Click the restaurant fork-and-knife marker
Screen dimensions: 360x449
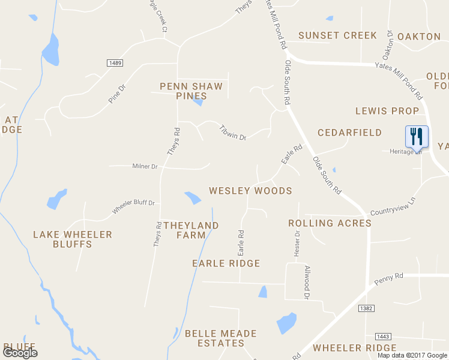pos(417,136)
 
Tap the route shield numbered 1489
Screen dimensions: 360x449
pos(116,63)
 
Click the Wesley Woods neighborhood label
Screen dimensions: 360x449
pos(250,191)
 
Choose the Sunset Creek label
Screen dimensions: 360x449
pos(337,36)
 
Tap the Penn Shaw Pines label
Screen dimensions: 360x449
pos(191,91)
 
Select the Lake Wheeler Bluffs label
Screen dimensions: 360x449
pos(73,239)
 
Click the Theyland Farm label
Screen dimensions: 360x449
pos(191,230)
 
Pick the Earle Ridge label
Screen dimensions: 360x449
pos(226,263)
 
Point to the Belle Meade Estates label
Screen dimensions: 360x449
pos(221,338)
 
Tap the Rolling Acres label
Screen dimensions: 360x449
pos(330,223)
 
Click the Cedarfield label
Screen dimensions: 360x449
pos(349,133)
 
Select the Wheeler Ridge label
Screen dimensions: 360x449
pos(355,348)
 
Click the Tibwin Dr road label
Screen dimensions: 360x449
pos(233,133)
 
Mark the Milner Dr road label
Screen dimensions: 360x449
pos(145,166)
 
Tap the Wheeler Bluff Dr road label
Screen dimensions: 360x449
pos(133,207)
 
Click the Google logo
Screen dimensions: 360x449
pos(20,352)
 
